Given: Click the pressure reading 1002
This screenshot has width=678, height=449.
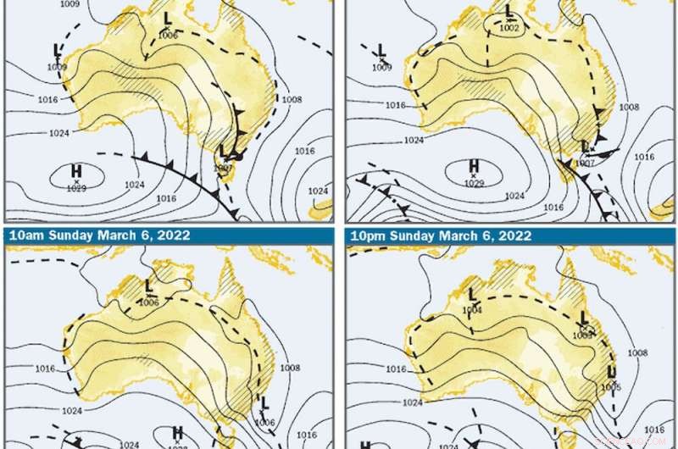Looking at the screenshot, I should point(508,27).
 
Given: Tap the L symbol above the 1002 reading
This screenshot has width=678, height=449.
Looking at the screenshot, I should point(508,12).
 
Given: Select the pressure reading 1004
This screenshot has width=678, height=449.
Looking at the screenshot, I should point(473,309).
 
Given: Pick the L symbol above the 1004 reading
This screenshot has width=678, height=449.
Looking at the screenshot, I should point(472,295).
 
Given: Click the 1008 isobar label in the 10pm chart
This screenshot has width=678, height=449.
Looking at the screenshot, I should point(637,352).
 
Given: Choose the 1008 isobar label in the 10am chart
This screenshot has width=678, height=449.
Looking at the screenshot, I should point(290,368).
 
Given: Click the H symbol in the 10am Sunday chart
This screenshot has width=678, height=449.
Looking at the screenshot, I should point(178,433).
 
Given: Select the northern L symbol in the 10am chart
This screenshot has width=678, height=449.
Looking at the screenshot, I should point(149,286).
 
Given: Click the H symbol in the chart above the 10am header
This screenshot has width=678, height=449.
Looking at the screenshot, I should point(76,173).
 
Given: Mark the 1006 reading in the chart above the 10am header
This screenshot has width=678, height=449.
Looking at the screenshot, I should point(168,35).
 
